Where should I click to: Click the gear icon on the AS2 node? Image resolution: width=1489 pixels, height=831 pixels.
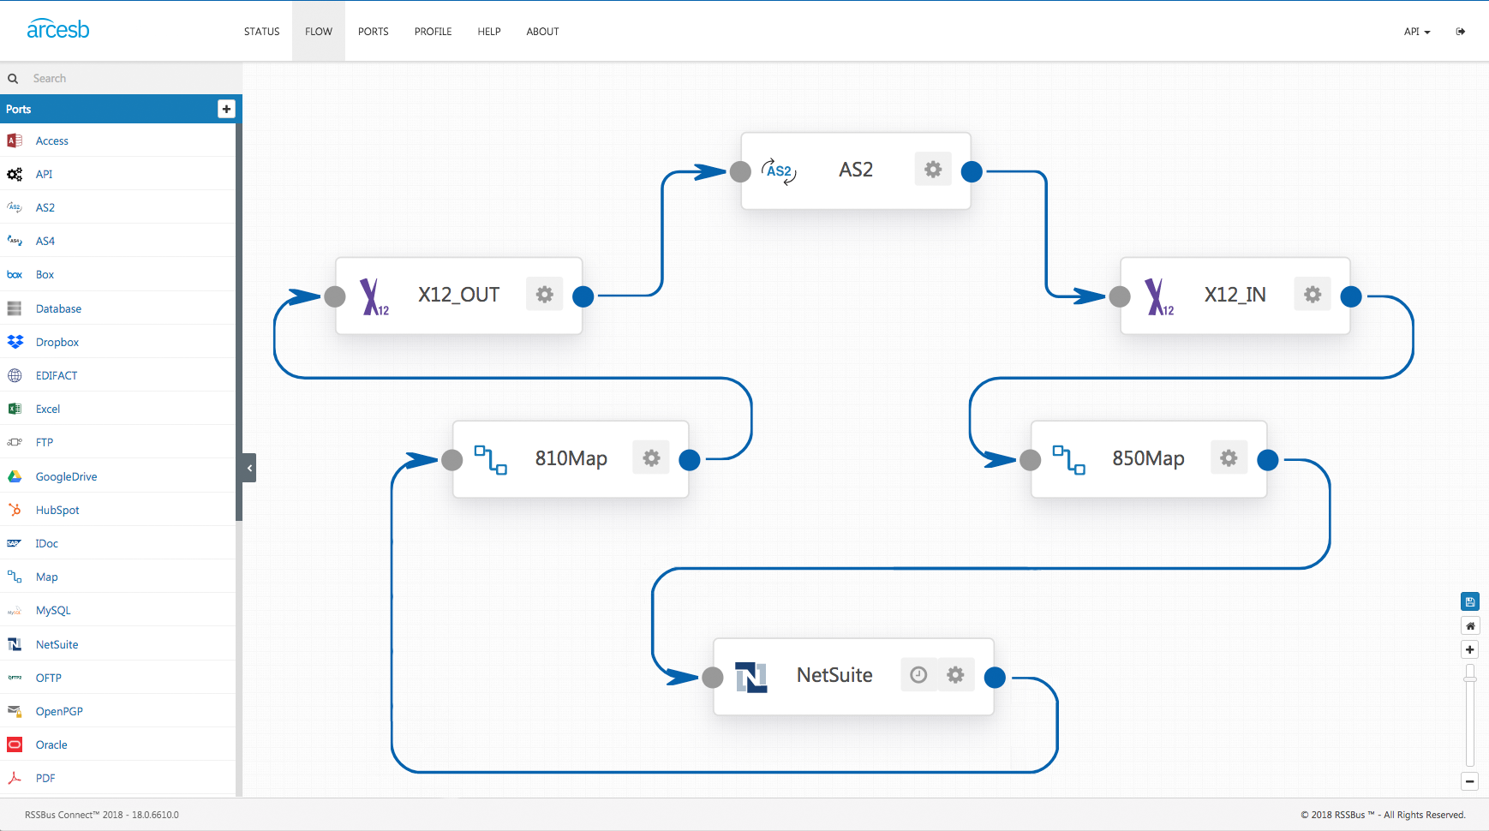coord(933,170)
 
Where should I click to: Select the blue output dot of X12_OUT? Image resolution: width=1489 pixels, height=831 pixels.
coord(583,296)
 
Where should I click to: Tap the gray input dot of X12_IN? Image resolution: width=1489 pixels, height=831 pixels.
coord(1119,296)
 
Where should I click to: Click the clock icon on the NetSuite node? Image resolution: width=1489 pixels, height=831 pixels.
coord(918,675)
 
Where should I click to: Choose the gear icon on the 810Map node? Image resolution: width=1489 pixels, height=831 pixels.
coord(651,458)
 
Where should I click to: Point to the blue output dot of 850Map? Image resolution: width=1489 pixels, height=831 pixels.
coord(1268,460)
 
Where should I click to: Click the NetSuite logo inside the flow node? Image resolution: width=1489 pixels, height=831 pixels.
coord(751,677)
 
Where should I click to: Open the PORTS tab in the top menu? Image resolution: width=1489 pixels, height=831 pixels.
coord(374,32)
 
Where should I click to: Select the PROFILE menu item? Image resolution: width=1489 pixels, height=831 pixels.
coord(433,32)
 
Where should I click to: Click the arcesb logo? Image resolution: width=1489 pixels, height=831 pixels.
coord(58,29)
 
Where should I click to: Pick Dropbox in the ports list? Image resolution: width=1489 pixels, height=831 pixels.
coord(57,342)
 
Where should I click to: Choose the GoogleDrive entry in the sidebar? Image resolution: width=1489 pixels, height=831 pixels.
coord(66,476)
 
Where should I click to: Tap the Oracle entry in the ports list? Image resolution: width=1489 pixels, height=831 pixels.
coord(51,744)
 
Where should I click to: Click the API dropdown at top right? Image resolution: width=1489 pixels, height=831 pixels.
coord(1417,32)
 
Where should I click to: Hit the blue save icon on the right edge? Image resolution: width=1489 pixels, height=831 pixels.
coord(1470,601)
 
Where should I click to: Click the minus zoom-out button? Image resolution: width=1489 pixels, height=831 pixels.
coord(1470,781)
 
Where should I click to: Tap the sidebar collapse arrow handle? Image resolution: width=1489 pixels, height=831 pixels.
coord(249,468)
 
